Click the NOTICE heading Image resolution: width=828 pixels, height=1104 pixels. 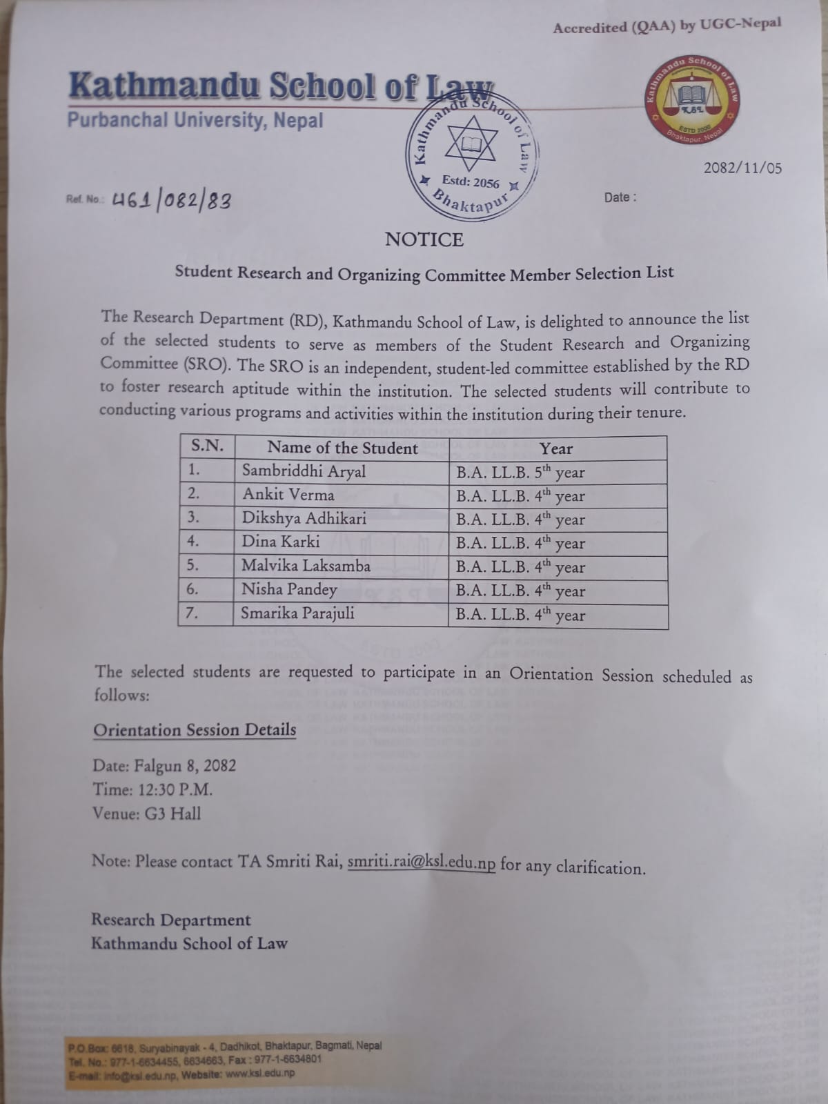(x=424, y=239)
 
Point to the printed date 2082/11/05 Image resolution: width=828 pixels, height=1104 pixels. (x=742, y=168)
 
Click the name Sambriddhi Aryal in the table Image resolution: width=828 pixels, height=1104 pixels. (x=304, y=471)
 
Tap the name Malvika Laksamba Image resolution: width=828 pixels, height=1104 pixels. (x=306, y=566)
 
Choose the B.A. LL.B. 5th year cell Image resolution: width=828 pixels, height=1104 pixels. (x=520, y=473)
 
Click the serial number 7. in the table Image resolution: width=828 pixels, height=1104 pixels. (x=193, y=613)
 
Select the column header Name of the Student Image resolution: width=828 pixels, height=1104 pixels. (x=342, y=448)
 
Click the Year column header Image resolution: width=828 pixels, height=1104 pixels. (x=556, y=448)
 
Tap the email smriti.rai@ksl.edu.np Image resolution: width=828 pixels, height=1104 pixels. (x=421, y=862)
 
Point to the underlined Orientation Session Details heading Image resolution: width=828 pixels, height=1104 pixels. (x=195, y=730)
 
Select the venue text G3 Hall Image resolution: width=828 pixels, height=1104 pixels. (x=172, y=814)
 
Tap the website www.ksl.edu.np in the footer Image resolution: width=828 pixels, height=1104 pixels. (x=259, y=1073)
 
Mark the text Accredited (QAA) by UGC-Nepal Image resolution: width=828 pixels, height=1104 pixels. (x=667, y=26)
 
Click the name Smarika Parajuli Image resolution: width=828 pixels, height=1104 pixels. (x=297, y=613)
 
